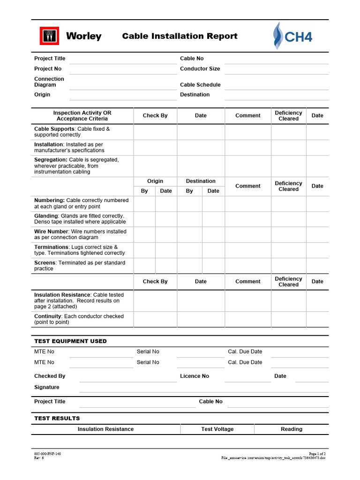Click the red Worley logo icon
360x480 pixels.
coord(49,36)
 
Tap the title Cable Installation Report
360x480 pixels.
coord(180,36)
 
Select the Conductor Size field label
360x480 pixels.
coord(200,68)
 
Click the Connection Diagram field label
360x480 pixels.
coord(49,82)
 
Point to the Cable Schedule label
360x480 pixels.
coord(200,85)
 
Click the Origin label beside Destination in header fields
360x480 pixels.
coord(42,94)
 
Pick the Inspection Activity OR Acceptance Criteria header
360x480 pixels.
coord(82,116)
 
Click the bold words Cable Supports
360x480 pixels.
coord(54,128)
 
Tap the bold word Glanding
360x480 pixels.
coord(46,216)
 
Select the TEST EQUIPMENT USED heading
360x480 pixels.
coord(70,341)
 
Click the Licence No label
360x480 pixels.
coord(195,376)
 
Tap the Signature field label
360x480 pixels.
coord(47,387)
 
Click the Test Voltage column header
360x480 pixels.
coord(217,429)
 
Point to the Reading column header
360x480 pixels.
coord(292,429)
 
